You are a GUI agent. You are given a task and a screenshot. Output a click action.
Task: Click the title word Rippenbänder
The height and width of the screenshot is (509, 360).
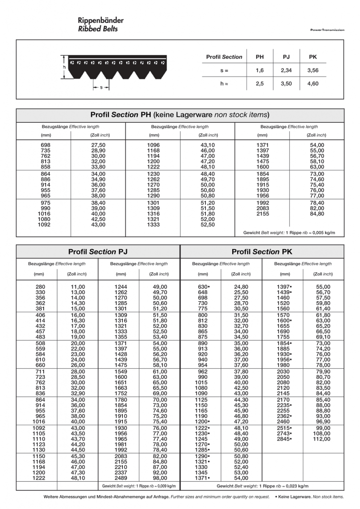(x=100, y=20)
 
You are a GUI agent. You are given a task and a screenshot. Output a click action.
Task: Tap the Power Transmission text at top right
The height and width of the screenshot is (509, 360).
(x=327, y=30)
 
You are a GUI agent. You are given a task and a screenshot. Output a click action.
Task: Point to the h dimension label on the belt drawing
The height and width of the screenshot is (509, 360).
(x=64, y=67)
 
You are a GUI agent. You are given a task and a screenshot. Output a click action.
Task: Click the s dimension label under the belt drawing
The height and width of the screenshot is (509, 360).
(x=101, y=87)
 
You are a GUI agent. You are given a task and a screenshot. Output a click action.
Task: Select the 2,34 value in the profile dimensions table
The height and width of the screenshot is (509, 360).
(x=286, y=71)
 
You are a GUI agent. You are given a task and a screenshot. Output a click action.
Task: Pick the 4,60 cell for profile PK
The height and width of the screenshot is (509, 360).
(x=312, y=84)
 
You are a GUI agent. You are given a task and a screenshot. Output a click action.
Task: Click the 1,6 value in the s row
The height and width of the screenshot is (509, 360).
(x=260, y=71)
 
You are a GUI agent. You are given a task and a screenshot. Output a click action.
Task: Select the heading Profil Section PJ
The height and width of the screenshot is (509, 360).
(x=98, y=252)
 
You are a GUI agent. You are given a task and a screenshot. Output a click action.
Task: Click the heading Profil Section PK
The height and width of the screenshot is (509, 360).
(x=262, y=252)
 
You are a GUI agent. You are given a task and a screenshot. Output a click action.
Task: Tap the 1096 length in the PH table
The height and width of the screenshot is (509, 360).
(x=154, y=144)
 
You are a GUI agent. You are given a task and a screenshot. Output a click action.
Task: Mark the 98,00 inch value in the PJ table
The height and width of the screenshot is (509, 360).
(x=160, y=478)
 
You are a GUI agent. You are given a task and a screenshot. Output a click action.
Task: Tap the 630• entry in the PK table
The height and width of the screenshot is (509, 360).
(x=204, y=287)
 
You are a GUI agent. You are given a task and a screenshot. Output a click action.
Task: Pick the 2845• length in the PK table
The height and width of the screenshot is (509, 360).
(x=284, y=439)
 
